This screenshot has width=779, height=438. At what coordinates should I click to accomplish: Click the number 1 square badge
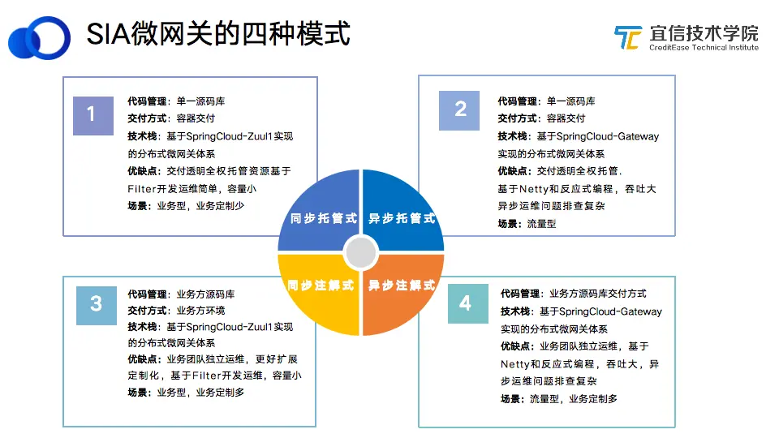click(93, 116)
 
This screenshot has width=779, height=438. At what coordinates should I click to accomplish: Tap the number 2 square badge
click(459, 110)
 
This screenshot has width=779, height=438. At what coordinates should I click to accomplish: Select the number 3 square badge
click(97, 306)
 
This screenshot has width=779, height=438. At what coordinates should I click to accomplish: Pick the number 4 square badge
click(468, 303)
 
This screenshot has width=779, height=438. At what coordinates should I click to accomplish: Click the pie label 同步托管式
click(324, 218)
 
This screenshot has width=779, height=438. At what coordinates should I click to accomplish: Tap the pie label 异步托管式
click(402, 218)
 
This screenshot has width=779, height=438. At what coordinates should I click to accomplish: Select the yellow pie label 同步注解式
click(321, 285)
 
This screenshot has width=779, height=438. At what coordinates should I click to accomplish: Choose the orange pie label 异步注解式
click(402, 285)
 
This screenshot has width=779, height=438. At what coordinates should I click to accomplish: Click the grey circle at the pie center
click(361, 252)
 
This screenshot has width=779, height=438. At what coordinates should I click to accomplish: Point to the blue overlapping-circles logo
click(39, 38)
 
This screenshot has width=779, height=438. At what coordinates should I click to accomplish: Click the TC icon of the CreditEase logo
click(628, 37)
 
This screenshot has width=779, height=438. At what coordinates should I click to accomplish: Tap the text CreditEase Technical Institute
click(704, 48)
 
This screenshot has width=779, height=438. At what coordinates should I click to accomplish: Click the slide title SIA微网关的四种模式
click(218, 34)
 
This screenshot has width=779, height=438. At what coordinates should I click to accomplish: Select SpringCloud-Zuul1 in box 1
click(230, 136)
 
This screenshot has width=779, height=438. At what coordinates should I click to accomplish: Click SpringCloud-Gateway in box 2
click(608, 136)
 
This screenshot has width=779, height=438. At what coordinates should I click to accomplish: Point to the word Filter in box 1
click(142, 189)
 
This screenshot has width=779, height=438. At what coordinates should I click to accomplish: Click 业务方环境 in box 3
click(200, 311)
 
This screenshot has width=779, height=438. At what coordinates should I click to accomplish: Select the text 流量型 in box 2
click(541, 224)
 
